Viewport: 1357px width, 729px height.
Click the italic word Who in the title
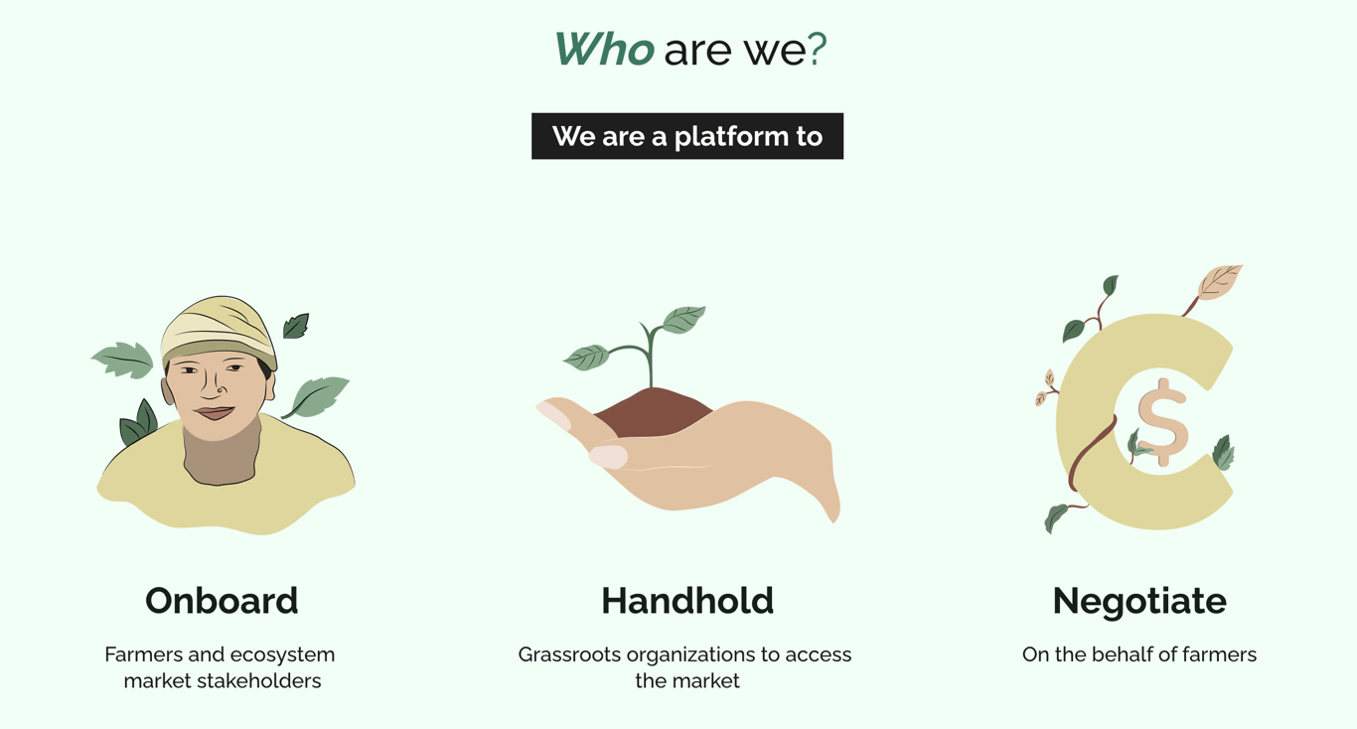603,50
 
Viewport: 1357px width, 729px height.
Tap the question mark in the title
817,50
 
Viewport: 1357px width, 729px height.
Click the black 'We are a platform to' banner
687,136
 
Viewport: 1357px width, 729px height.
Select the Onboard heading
222,601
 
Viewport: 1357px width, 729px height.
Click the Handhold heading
687,601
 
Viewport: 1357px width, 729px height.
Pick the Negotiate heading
1139,601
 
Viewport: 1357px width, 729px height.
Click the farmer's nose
220,388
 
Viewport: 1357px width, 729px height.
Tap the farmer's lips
215,412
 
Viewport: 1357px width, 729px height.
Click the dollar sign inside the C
1161,422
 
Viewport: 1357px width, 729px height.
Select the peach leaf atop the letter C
1218,282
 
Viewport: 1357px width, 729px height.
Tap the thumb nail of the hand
608,457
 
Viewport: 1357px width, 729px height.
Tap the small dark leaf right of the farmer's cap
296,326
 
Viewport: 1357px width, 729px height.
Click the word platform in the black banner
730,136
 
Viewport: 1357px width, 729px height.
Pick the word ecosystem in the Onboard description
284,655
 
